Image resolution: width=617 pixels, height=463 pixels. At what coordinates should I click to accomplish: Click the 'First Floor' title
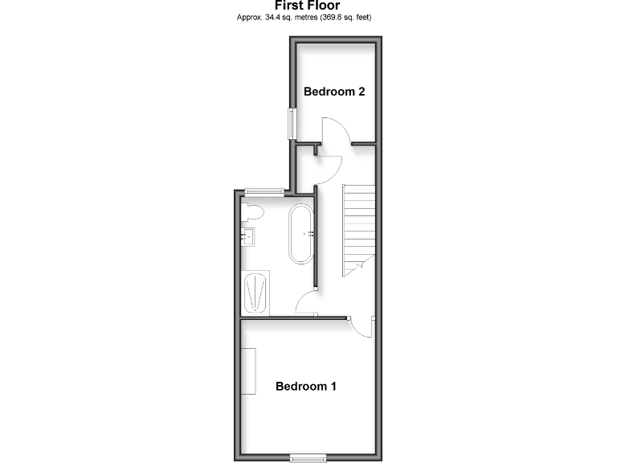tap(308, 5)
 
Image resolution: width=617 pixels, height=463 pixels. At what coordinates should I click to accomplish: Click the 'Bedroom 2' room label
tap(334, 92)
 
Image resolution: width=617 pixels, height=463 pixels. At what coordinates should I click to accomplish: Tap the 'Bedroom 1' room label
tap(305, 386)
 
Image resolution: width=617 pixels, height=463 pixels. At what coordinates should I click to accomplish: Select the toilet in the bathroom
tap(253, 213)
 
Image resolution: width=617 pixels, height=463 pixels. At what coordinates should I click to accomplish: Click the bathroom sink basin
tap(249, 237)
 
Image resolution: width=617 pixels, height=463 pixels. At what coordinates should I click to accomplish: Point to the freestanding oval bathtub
tap(302, 234)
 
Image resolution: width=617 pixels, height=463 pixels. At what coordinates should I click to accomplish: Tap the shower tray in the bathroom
tap(257, 293)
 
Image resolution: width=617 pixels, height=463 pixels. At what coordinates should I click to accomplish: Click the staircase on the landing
tap(359, 229)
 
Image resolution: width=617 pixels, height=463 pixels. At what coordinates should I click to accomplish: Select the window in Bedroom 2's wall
tap(293, 124)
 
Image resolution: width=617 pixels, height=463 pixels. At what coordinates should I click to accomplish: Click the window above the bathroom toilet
tap(264, 191)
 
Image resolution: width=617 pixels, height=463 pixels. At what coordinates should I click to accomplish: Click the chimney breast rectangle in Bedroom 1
tap(249, 371)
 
